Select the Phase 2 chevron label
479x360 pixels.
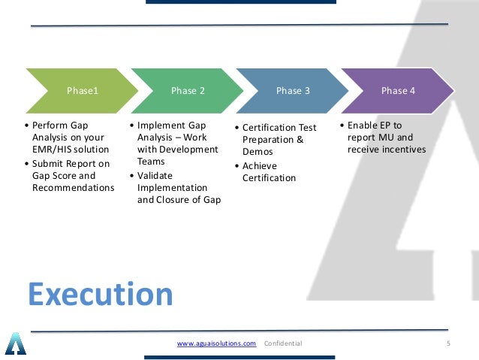188,91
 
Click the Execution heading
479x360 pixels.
101,295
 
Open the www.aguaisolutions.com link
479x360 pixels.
216,343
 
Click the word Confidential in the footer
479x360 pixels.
283,343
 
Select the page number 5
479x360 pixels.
448,343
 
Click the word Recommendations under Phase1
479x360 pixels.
73,187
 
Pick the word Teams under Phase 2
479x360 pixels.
151,162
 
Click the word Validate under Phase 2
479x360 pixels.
155,174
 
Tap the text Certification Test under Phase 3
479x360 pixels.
279,128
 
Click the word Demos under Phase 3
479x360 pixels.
258,152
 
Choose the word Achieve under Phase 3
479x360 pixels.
259,166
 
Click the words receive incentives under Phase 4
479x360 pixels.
387,150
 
